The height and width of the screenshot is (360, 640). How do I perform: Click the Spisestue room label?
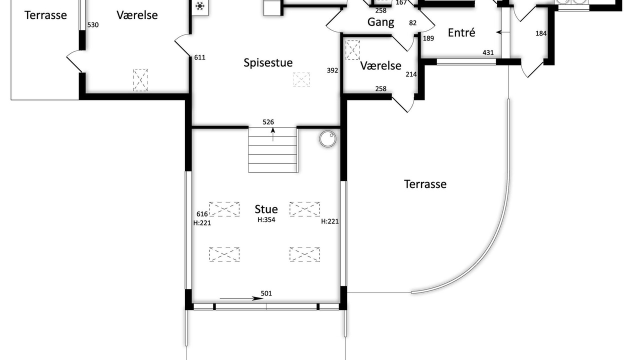click(268, 63)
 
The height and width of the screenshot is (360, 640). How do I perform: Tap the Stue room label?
click(266, 209)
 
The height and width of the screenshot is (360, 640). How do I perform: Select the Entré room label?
click(461, 32)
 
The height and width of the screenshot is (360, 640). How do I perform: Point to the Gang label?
click(380, 22)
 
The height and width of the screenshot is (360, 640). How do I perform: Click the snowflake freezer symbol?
click(199, 6)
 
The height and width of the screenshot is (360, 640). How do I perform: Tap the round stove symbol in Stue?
click(327, 139)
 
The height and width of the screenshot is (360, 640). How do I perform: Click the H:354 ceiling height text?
click(266, 219)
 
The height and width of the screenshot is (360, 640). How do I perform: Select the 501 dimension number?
click(266, 293)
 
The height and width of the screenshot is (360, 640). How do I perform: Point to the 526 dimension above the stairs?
click(268, 122)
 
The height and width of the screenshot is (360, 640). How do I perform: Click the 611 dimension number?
click(199, 57)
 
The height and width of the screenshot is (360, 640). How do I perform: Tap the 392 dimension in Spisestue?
click(332, 70)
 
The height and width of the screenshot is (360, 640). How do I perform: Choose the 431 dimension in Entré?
click(488, 52)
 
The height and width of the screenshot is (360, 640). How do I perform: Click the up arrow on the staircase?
click(273, 134)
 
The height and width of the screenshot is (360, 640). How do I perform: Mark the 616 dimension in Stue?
click(202, 214)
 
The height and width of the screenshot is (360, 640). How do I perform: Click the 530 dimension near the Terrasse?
click(93, 25)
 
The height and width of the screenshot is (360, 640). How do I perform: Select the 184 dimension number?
click(541, 33)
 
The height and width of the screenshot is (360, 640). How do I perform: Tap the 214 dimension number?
click(411, 74)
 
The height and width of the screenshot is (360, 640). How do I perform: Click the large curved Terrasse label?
click(425, 184)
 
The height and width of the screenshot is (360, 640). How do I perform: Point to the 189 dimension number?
click(428, 38)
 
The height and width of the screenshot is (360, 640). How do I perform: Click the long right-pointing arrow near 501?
click(241, 298)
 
